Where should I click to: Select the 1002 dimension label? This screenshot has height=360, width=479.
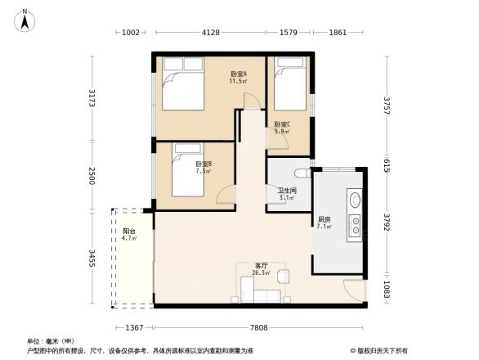coord(132,33)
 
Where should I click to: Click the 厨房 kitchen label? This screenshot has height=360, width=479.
coord(324,222)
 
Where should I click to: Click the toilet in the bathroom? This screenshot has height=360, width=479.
coord(301,173)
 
